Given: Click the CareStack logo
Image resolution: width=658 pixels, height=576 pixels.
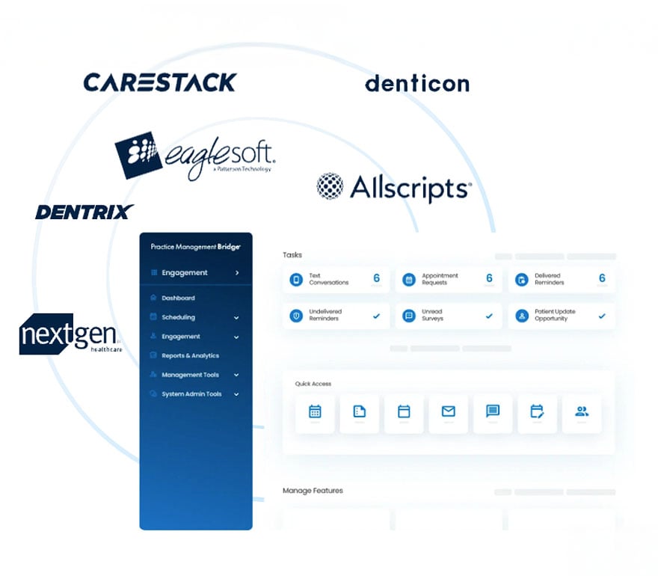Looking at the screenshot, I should tap(159, 82).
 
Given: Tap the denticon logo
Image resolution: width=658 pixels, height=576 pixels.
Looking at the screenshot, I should tap(416, 83).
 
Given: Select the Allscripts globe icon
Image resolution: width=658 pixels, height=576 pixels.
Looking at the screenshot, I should tap(330, 186).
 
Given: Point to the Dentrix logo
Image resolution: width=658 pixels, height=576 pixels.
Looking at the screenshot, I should tap(84, 212).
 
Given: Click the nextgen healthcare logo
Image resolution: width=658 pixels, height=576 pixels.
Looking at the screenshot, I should tap(70, 334).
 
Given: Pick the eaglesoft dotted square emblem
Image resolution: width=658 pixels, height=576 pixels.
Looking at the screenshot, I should tap(138, 155).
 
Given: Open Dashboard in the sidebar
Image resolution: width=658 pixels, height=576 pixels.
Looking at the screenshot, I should tap(178, 298).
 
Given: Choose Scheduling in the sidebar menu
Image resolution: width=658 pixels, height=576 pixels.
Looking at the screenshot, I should tap(178, 317).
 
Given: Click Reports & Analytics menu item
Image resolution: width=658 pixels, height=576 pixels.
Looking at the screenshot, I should tap(190, 356).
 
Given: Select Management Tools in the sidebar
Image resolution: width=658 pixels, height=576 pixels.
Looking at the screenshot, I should tap(190, 375).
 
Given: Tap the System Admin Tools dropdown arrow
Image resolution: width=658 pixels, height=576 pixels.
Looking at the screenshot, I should tap(236, 394).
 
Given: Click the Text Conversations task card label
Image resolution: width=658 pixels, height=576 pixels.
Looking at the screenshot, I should tap(329, 279).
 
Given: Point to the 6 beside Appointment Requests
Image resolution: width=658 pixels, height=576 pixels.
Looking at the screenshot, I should tap(489, 278).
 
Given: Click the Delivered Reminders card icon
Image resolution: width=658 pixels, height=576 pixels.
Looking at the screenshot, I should tap(521, 280).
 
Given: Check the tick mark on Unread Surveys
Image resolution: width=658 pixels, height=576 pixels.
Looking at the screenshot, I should tap(489, 316).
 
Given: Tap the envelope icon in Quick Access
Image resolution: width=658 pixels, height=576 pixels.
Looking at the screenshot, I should tap(448, 411).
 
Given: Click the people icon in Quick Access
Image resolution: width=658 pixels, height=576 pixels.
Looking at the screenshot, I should tap(581, 411).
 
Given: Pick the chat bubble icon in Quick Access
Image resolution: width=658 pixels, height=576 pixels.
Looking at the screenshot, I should tap(492, 411).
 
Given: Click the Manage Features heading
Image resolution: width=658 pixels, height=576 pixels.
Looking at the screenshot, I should tap(313, 491).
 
